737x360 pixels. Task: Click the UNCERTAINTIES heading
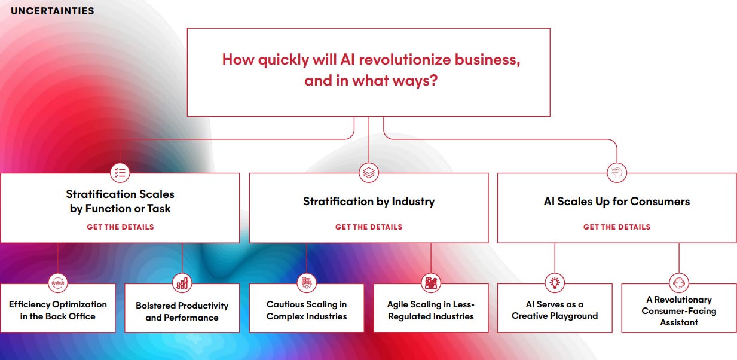(x=53, y=11)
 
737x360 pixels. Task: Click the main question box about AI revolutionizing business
(x=368, y=72)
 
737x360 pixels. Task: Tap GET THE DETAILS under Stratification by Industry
(x=369, y=227)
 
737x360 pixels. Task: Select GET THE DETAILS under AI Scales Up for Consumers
(x=617, y=227)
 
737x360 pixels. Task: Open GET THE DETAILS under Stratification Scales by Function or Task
(x=120, y=227)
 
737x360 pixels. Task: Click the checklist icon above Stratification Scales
(x=120, y=173)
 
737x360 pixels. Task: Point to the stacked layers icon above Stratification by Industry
(x=369, y=173)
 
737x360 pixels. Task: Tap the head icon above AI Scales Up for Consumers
(x=617, y=173)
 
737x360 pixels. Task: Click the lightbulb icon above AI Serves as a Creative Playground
(x=555, y=283)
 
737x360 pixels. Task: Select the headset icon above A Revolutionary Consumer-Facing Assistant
(x=679, y=283)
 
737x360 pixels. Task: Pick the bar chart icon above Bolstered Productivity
(x=182, y=283)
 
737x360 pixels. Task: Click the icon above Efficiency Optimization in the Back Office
(x=58, y=283)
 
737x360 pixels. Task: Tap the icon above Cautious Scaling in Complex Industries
(x=307, y=283)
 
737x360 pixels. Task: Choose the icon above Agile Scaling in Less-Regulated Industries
(x=431, y=283)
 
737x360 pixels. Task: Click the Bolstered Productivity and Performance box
(x=182, y=311)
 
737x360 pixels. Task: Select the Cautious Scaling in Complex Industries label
(x=307, y=310)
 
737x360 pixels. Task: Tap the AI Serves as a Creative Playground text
(x=555, y=310)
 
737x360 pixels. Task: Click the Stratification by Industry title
(x=369, y=202)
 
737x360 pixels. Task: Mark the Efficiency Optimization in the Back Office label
(x=58, y=310)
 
